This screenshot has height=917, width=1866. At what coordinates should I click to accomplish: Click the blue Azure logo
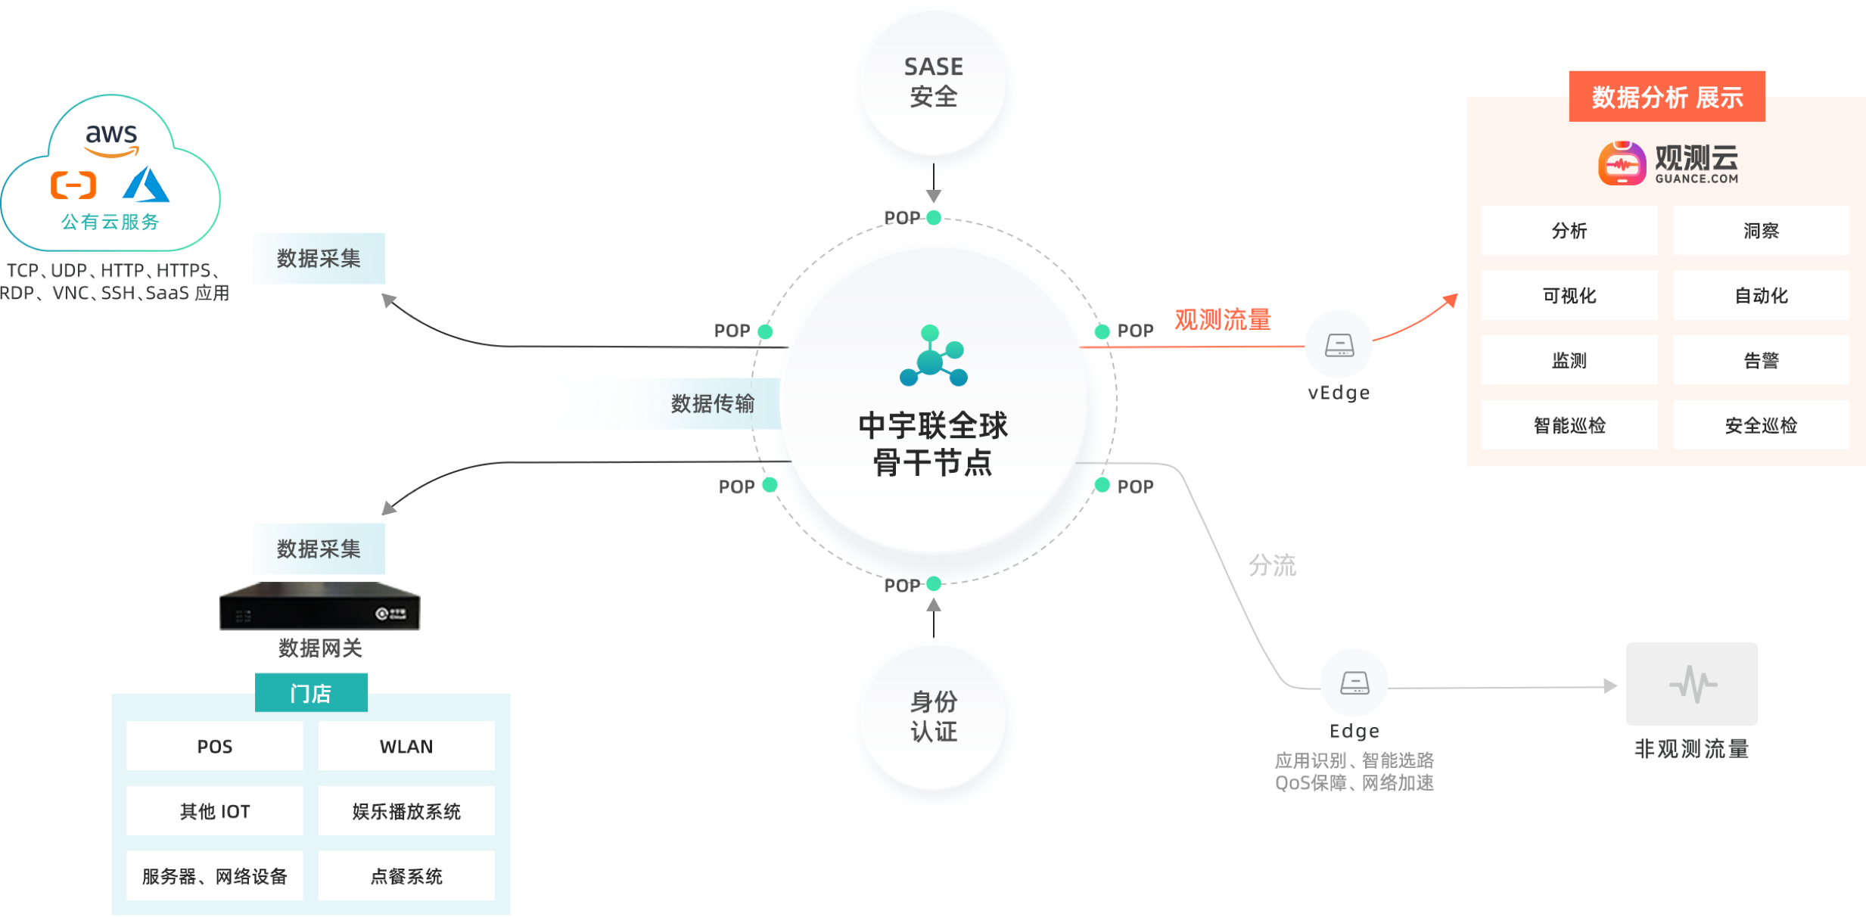tap(146, 185)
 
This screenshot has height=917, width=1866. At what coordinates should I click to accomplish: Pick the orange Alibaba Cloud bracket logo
tap(73, 185)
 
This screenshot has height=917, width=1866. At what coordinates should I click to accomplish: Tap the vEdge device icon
tap(1339, 345)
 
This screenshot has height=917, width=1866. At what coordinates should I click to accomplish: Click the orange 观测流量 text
tap(1222, 319)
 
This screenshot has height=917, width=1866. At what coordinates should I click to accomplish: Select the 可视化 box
tap(1569, 295)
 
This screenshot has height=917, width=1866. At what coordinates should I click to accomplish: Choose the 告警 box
tap(1761, 360)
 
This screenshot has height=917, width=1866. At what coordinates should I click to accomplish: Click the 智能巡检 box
tap(1569, 425)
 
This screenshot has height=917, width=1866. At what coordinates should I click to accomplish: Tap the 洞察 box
tap(1761, 231)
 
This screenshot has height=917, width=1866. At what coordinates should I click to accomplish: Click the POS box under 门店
tap(214, 746)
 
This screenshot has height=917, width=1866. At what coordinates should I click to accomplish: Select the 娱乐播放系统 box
tap(406, 811)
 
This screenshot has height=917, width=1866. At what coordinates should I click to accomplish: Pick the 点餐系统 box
tap(406, 876)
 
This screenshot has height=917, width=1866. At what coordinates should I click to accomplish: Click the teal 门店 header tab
tap(311, 693)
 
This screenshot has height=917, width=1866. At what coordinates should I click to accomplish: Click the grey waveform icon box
tap(1691, 684)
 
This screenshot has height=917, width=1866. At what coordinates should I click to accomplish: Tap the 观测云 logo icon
tap(1622, 163)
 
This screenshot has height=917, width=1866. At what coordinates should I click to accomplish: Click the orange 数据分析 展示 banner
tap(1666, 97)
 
